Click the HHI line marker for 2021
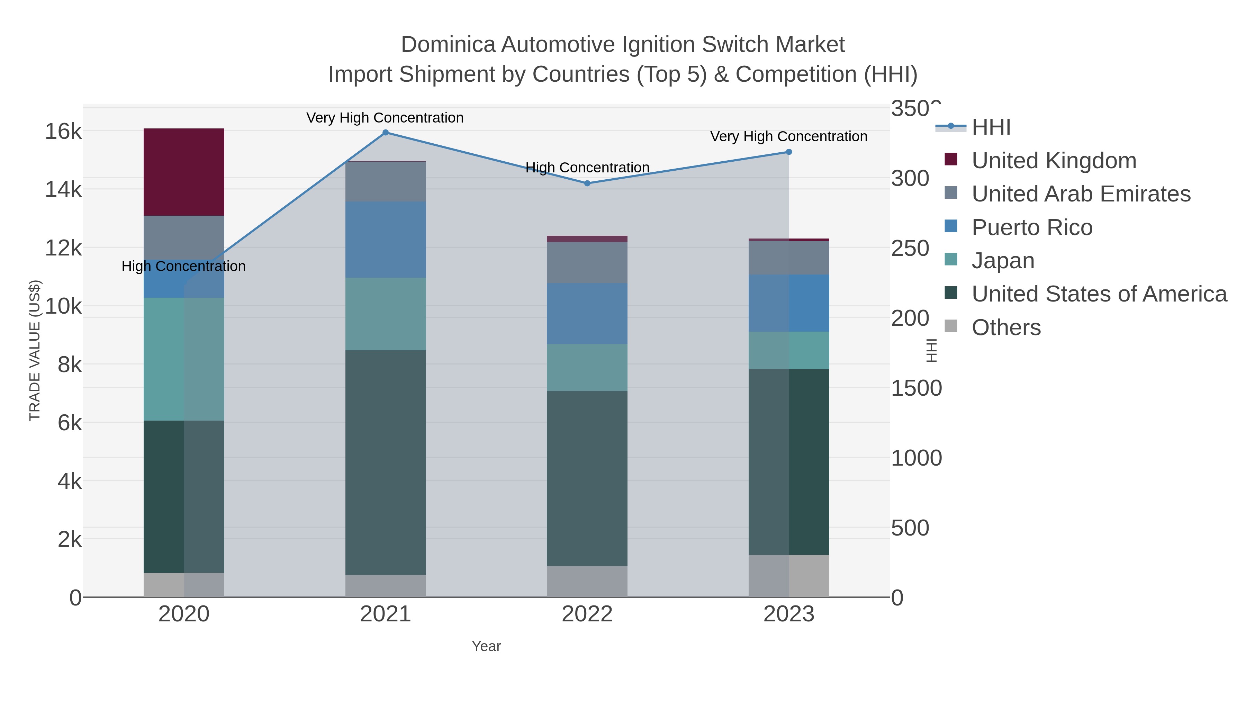coord(386,133)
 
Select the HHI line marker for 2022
coord(587,183)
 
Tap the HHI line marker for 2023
coord(788,152)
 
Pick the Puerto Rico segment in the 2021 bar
coord(386,240)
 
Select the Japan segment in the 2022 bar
coord(587,368)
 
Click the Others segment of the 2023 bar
coord(788,576)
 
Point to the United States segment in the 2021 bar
coord(386,462)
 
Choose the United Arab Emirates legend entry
coord(1081,194)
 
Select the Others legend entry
coord(1006,327)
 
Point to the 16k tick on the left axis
coord(63,132)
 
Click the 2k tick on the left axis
coord(70,539)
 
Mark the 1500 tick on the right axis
coord(916,388)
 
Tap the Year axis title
coord(486,646)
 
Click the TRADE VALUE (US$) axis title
coord(35,350)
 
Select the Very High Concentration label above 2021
coord(385,118)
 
